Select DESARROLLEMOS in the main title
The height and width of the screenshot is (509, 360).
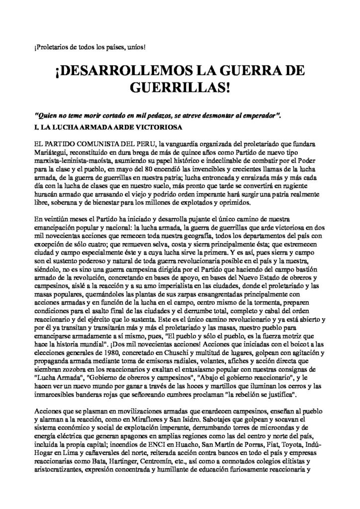click(x=131, y=71)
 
